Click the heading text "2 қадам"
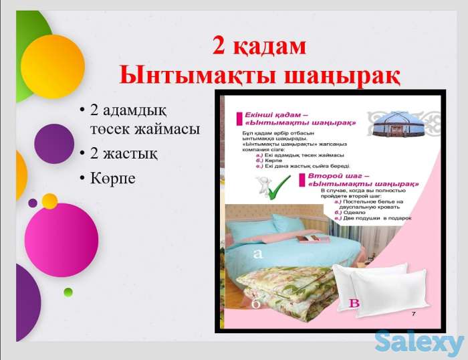(259, 46)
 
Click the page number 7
(413, 314)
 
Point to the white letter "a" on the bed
(258, 254)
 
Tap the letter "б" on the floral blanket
(255, 304)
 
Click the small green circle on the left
(68, 292)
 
